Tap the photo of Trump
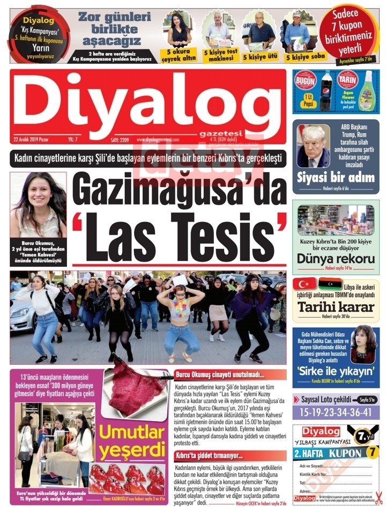[x=314, y=145]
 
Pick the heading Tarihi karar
[x=336, y=307]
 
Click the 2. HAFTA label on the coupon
[x=317, y=453]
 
